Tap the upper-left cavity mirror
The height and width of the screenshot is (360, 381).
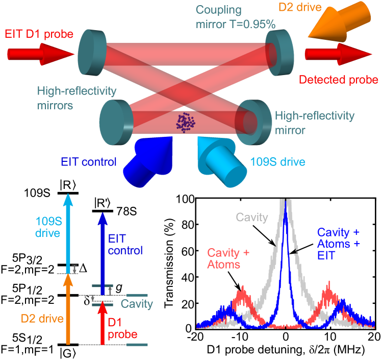92,51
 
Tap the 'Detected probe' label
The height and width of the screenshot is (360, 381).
338,80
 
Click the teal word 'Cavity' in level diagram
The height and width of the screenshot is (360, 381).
137,304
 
